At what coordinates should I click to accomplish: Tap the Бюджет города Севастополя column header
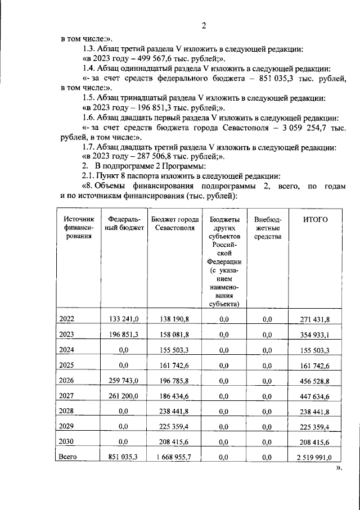tap(173, 223)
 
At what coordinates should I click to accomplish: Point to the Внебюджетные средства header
tap(267, 228)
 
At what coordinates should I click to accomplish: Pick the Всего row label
tap(68, 457)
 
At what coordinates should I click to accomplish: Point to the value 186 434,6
tap(173, 396)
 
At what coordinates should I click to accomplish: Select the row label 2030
tap(66, 443)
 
